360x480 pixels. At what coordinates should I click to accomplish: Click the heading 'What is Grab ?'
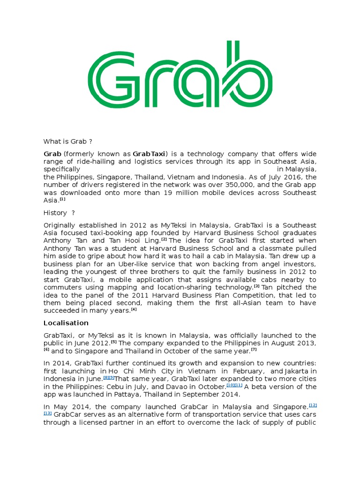pos(65,142)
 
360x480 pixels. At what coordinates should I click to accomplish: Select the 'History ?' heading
pos(59,213)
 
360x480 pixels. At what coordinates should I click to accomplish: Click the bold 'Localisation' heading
pos(66,323)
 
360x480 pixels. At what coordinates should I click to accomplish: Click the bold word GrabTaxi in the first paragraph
pos(149,154)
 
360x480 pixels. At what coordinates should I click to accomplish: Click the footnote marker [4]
pos(134,309)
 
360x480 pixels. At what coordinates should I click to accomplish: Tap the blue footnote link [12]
pos(313,405)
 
